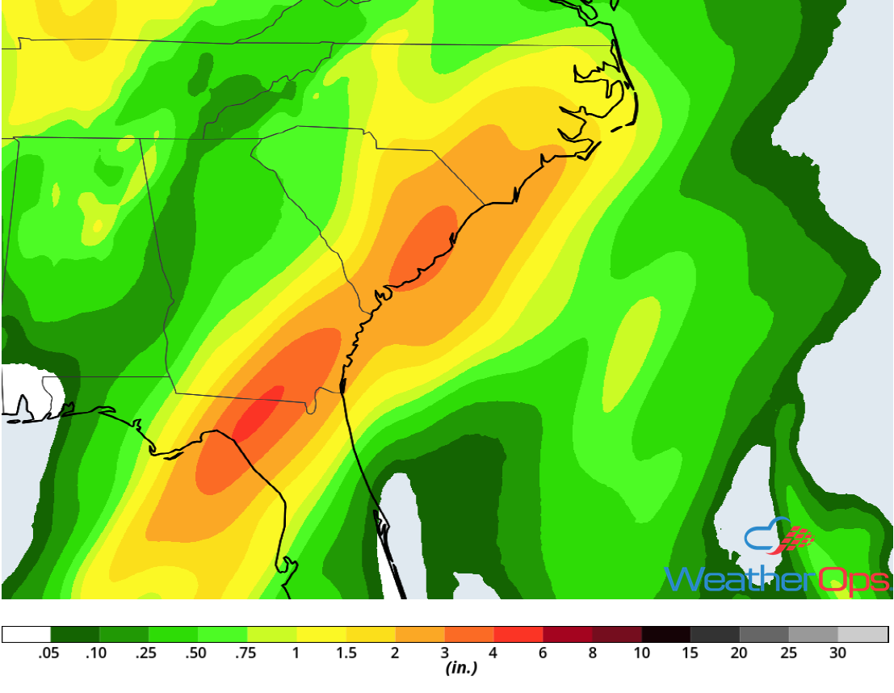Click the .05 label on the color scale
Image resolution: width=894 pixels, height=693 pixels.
coord(49,653)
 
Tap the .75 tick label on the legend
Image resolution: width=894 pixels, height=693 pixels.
coord(246,653)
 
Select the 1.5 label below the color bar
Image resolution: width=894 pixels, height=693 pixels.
coord(346,653)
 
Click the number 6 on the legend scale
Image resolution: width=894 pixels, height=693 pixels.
coord(543,653)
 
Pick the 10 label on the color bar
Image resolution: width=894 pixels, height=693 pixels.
coord(641,653)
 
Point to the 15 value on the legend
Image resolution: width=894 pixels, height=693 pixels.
coord(690,653)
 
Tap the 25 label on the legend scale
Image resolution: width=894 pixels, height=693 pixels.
coord(789,653)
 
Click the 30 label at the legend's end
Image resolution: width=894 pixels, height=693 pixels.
coord(838,653)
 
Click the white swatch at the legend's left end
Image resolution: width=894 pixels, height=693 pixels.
coord(26,634)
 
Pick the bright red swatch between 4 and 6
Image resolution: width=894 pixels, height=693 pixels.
coord(518,634)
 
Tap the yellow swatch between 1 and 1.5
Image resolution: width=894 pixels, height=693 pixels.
coord(321,634)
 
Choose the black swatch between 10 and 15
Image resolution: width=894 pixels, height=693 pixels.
coord(666,634)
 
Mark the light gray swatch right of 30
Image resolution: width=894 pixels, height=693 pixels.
coord(863,634)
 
